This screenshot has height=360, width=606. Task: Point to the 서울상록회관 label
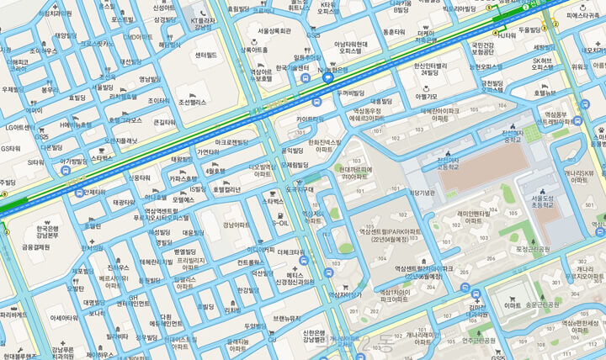click(274, 30)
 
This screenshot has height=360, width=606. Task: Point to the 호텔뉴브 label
click(545, 93)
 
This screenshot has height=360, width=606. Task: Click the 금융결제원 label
click(35, 247)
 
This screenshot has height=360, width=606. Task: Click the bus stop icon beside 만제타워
click(66, 172)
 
